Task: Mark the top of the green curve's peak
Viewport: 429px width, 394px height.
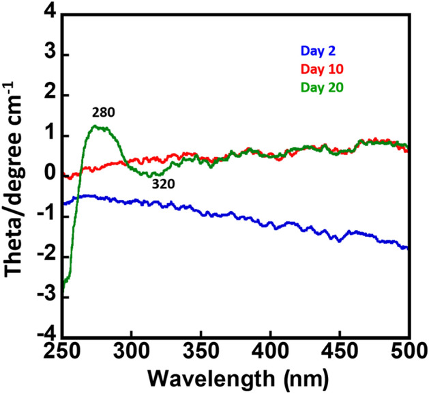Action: coord(99,126)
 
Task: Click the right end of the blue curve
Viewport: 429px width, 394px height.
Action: coord(407,248)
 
